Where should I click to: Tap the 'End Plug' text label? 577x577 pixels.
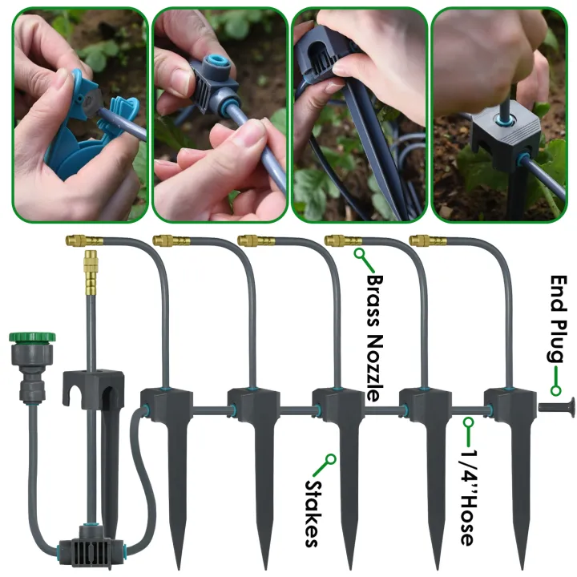[x=559, y=321]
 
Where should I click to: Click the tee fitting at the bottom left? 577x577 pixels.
[x=87, y=548]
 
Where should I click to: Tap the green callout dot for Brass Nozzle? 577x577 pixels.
[x=359, y=256]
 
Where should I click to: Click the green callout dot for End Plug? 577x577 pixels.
[x=553, y=389]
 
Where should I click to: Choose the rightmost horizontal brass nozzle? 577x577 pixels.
[x=427, y=240]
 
